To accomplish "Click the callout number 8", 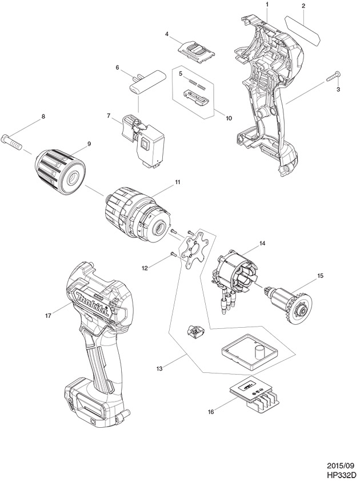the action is coord(43,116).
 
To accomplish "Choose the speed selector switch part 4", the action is coord(196,53).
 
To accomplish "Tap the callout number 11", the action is coord(177,182).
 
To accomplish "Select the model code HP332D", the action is coord(342,475).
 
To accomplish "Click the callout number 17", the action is coord(48,315).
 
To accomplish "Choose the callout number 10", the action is coord(229,118).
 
